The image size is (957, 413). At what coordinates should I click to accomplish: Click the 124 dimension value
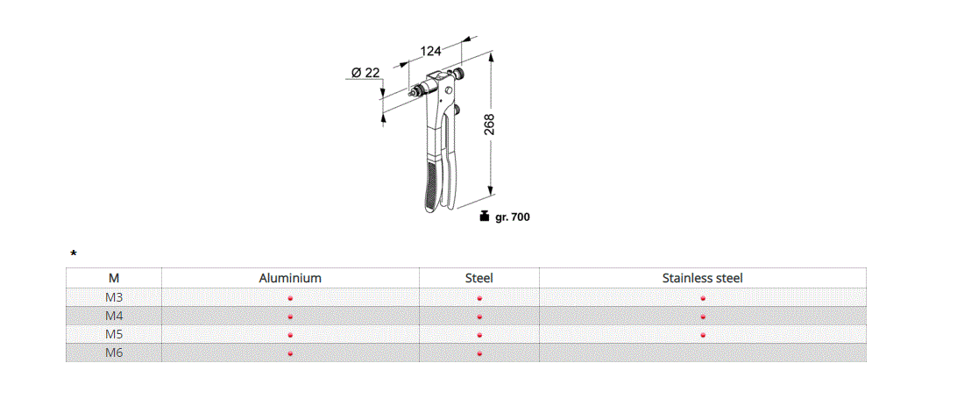tap(430, 52)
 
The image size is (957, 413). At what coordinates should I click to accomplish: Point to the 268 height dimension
tap(489, 124)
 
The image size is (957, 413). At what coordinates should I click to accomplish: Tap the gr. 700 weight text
tap(513, 217)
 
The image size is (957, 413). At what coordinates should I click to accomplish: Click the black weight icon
tap(484, 216)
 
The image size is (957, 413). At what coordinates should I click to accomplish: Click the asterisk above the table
tap(74, 254)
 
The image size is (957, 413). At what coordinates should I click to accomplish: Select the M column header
tap(114, 278)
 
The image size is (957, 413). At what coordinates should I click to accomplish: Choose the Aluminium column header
tap(290, 278)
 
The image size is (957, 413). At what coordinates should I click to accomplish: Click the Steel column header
tap(478, 278)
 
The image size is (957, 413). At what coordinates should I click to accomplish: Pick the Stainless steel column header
tap(702, 278)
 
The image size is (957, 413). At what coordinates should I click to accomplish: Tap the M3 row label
tap(114, 297)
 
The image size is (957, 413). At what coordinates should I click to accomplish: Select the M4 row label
tap(114, 316)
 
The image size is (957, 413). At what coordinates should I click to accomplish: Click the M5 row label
tap(114, 334)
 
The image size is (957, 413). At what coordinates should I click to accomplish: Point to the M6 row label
tap(114, 352)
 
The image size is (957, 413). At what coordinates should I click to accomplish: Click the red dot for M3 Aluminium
tap(290, 298)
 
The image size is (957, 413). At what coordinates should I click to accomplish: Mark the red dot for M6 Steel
tap(479, 353)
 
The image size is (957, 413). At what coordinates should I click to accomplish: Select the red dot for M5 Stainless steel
tap(703, 335)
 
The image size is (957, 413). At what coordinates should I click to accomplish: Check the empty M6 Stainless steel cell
tap(702, 352)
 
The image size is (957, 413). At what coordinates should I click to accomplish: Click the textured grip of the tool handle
tap(429, 183)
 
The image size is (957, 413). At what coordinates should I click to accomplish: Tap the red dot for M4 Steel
tap(479, 317)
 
